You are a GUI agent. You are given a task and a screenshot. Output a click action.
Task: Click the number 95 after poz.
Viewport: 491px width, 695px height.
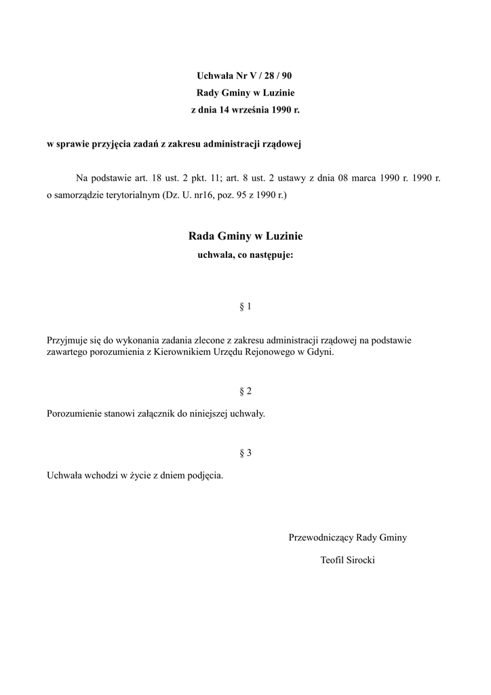coord(234,195)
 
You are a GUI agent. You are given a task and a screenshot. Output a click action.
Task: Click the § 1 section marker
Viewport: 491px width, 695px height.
coord(245,306)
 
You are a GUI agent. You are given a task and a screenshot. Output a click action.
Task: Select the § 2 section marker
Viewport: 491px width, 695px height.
coord(245,391)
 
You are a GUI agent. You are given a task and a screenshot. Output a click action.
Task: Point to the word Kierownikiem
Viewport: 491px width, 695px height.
coord(182,353)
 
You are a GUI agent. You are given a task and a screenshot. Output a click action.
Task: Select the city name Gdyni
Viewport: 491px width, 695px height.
coord(321,353)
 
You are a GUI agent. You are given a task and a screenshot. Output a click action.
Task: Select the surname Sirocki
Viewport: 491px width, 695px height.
coord(360,561)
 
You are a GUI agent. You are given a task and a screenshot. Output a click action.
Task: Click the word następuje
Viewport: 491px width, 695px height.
coord(271,256)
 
